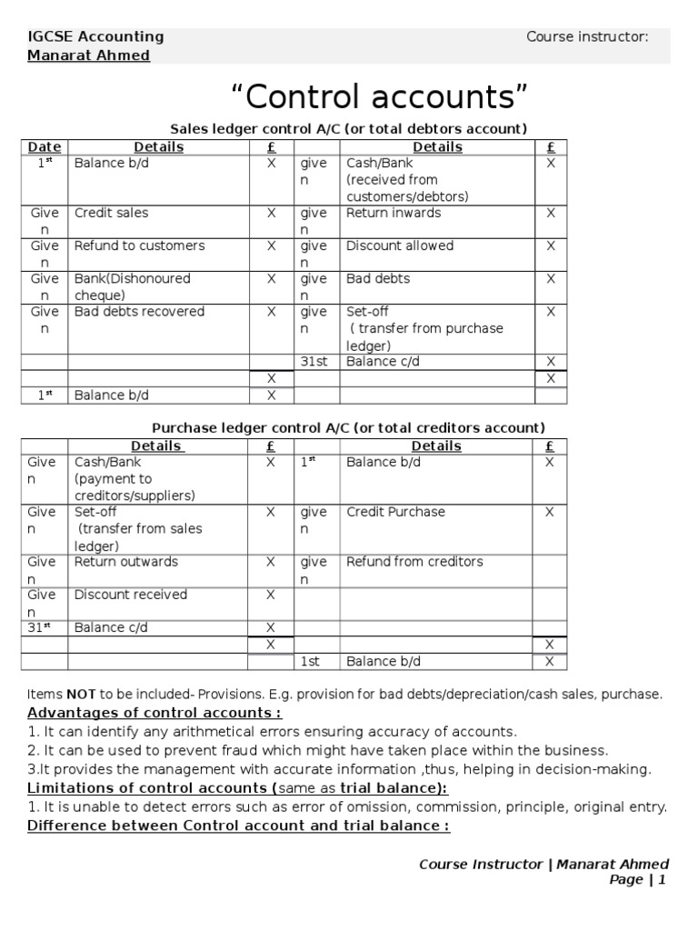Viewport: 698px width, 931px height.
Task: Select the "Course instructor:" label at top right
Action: [587, 36]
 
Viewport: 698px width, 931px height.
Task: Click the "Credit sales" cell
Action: [111, 213]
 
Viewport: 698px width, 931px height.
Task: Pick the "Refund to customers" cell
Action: [139, 245]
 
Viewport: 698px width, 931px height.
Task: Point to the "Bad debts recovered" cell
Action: [139, 311]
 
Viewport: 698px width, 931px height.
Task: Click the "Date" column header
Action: [44, 147]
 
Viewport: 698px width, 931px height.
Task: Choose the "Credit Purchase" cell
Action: [395, 512]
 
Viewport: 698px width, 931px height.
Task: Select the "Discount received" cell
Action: [131, 595]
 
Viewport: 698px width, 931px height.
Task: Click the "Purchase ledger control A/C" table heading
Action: [348, 427]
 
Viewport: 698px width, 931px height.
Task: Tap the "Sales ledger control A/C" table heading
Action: [349, 128]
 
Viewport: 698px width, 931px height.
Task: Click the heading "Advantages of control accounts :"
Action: [155, 712]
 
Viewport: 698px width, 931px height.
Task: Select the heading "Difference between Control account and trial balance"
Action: [239, 826]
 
